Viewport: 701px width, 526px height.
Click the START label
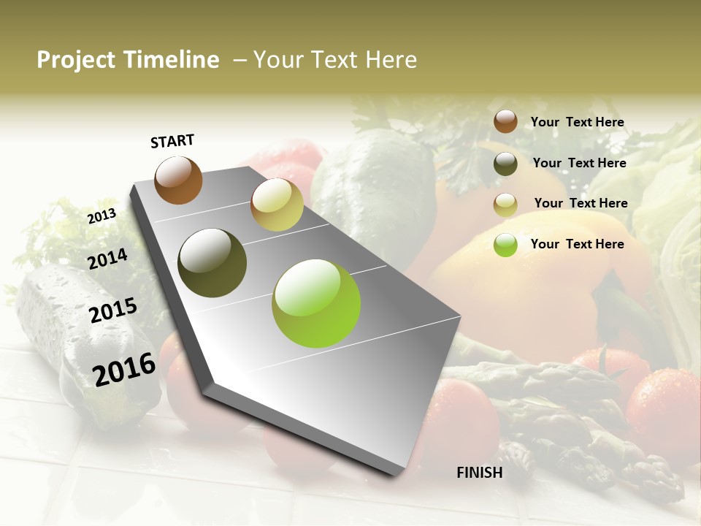(172, 141)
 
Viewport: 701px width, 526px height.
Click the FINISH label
(479, 473)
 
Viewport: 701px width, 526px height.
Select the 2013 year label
(101, 216)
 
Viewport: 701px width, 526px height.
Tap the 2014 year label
(107, 259)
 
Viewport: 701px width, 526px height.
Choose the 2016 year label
(124, 370)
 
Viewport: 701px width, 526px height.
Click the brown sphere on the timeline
(178, 180)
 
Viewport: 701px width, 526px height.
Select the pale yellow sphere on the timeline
(277, 205)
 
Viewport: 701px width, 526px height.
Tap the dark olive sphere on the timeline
(212, 263)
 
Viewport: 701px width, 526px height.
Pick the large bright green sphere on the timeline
(316, 302)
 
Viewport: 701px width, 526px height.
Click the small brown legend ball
(505, 121)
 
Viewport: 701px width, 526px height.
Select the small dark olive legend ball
(505, 164)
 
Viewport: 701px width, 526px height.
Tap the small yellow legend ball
(505, 205)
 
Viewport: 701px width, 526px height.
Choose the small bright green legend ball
(505, 245)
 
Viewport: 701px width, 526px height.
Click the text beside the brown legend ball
(577, 122)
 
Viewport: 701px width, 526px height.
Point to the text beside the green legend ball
(577, 244)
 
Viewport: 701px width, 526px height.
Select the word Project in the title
(76, 60)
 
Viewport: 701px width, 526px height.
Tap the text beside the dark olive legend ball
(579, 163)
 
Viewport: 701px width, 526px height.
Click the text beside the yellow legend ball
(581, 203)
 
